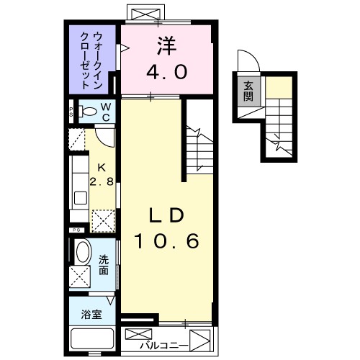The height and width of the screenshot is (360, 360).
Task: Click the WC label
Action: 105,111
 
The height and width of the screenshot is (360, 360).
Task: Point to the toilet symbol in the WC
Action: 87,112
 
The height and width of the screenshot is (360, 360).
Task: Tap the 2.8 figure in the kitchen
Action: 101,181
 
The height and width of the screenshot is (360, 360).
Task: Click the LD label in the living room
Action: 167,215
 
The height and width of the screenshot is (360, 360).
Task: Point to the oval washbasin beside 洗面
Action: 83,254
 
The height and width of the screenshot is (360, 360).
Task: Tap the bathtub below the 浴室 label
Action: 91,338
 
